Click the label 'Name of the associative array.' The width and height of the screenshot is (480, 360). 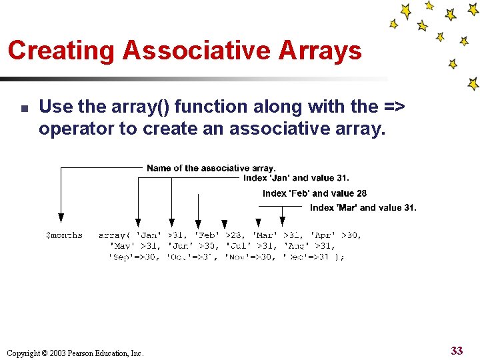click(x=211, y=168)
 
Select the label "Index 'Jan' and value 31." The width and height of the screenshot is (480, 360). click(x=296, y=178)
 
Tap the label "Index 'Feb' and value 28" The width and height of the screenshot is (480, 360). click(x=314, y=193)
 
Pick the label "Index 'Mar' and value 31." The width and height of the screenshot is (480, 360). click(x=363, y=207)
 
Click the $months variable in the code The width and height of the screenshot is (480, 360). click(x=64, y=235)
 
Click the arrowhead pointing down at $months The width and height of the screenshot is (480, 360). click(x=61, y=217)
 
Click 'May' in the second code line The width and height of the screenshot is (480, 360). click(x=122, y=246)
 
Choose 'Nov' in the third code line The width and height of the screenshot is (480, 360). click(x=237, y=257)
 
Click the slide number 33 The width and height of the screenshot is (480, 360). click(x=457, y=350)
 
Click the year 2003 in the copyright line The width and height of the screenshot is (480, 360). click(x=58, y=353)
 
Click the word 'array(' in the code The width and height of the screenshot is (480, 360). click(x=113, y=235)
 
